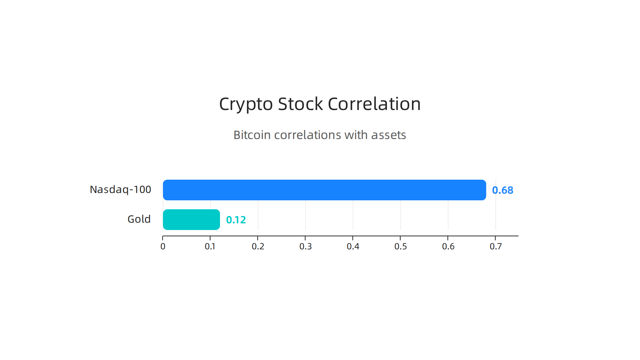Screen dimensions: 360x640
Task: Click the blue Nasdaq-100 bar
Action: point(324,190)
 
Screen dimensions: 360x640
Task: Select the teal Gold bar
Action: point(191,220)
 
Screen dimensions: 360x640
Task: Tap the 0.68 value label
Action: point(502,190)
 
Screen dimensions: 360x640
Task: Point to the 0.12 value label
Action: point(236,220)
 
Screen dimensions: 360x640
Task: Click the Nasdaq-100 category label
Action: point(120,190)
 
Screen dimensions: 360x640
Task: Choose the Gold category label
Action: point(139,219)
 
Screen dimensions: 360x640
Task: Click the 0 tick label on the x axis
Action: point(163,246)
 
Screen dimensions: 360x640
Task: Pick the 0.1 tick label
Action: point(210,246)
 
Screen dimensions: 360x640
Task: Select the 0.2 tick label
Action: point(258,246)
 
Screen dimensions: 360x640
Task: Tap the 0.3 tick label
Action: point(305,246)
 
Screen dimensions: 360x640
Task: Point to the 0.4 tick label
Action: point(353,246)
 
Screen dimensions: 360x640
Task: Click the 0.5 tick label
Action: point(400,246)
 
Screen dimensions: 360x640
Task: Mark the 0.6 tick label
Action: point(448,246)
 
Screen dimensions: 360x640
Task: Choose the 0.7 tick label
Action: point(496,246)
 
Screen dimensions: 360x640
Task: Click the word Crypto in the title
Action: point(246,104)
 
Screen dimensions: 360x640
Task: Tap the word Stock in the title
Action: point(300,104)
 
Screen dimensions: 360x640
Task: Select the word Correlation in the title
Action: point(374,104)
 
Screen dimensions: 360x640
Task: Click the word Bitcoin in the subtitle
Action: point(252,135)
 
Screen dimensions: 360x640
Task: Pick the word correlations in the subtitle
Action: point(307,135)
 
